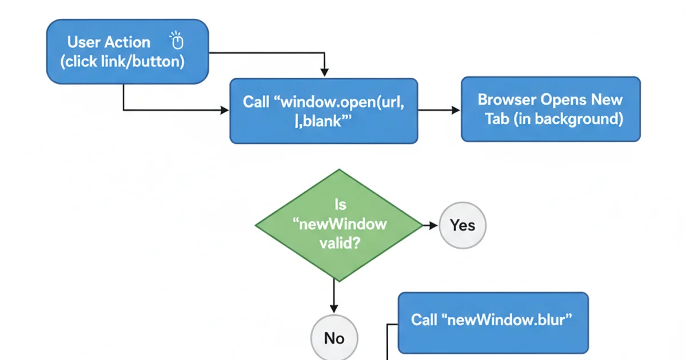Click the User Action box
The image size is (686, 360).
click(127, 52)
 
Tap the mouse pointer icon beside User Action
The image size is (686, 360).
click(177, 42)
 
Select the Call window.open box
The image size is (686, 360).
click(324, 111)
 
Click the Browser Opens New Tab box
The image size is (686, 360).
click(551, 109)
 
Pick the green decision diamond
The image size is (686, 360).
click(339, 225)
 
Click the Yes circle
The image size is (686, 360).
click(462, 225)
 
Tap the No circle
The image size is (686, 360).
click(334, 338)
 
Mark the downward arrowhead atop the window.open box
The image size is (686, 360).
click(324, 73)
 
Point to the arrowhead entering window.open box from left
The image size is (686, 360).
click(224, 110)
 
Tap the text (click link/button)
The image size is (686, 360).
click(125, 62)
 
